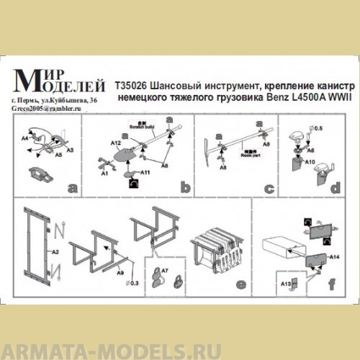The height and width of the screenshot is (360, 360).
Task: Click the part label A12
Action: click(x=115, y=144)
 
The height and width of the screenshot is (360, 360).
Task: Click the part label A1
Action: click(x=104, y=174)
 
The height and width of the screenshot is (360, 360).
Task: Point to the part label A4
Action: click(x=24, y=135)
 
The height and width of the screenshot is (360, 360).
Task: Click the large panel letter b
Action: click(x=186, y=189)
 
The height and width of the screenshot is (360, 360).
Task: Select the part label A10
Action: click(x=308, y=163)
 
